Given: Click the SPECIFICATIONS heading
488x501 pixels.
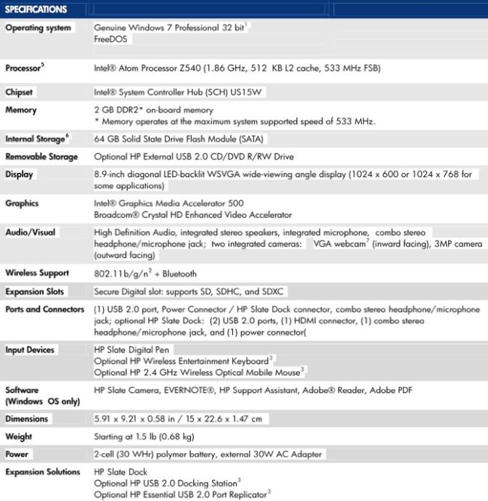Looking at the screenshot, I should [36, 9].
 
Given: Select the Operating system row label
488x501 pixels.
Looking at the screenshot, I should [38, 28].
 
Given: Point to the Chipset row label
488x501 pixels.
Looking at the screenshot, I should [20, 93].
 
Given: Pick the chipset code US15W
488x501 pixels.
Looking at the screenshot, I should [253, 93].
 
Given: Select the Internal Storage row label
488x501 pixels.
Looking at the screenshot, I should [36, 139].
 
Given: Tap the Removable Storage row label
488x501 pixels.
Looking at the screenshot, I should [41, 156].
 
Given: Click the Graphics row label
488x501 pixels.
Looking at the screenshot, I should [22, 203].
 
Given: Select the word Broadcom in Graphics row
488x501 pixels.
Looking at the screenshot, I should [115, 215].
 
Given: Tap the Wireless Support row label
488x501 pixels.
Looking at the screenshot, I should [37, 273].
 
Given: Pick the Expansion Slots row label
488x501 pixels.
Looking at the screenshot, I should [35, 291].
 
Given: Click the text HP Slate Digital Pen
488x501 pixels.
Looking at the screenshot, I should [132, 350].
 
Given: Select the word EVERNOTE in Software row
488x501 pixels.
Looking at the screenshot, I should [209, 390].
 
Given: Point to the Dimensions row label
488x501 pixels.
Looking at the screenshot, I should [27, 419].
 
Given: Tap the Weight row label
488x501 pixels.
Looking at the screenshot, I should [19, 436].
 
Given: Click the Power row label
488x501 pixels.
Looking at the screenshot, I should [17, 454].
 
